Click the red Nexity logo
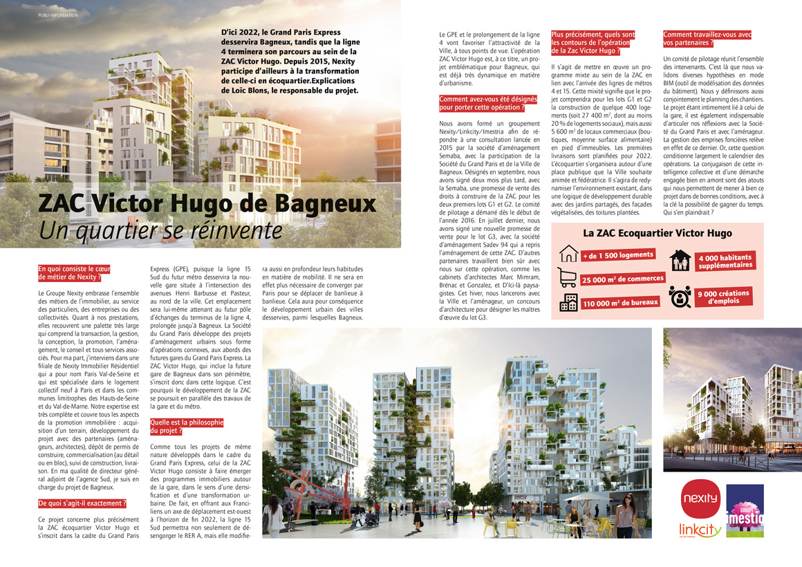coord(700,499)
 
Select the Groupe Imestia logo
coord(745,510)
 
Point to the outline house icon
coord(568,253)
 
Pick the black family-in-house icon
coord(680,261)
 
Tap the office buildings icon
coord(569,302)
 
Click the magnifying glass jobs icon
coord(680,296)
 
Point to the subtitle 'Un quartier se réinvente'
coord(160,230)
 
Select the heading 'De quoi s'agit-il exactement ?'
coord(83,503)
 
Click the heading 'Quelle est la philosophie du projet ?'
coord(187,426)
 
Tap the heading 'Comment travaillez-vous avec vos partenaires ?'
coord(707,39)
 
